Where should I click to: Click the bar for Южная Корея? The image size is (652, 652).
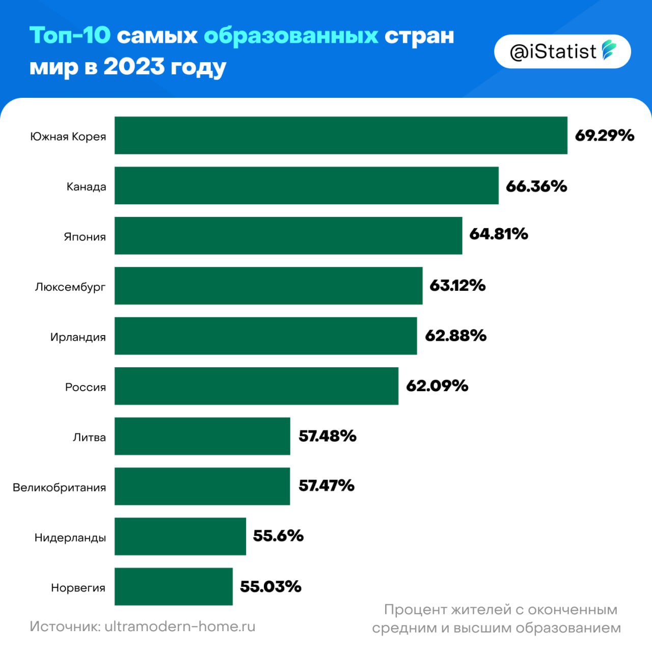[x=341, y=135]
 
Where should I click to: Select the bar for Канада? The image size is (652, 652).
[x=306, y=185]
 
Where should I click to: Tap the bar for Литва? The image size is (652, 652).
[x=202, y=436]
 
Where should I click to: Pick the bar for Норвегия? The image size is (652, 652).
[x=173, y=587]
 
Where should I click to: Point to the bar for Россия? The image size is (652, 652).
[x=256, y=386]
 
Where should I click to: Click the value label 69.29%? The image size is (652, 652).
[x=604, y=135]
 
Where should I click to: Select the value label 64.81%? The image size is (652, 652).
[x=498, y=234]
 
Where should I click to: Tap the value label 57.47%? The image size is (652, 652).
[x=326, y=485]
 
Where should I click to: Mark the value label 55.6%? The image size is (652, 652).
[x=278, y=536]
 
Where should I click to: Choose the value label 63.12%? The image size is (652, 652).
[x=457, y=285]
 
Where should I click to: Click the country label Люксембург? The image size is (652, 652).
[x=70, y=287]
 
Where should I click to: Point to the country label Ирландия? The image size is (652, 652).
[x=78, y=337]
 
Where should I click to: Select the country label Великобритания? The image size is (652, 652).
[x=60, y=487]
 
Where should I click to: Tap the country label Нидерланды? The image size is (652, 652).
[x=70, y=538]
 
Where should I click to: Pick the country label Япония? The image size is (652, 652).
[x=85, y=237]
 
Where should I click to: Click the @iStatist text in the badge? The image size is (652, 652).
[x=553, y=51]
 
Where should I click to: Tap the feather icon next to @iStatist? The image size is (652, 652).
[x=609, y=50]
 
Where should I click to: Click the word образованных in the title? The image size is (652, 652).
[x=291, y=36]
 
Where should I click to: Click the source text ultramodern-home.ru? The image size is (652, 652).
[x=180, y=626]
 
